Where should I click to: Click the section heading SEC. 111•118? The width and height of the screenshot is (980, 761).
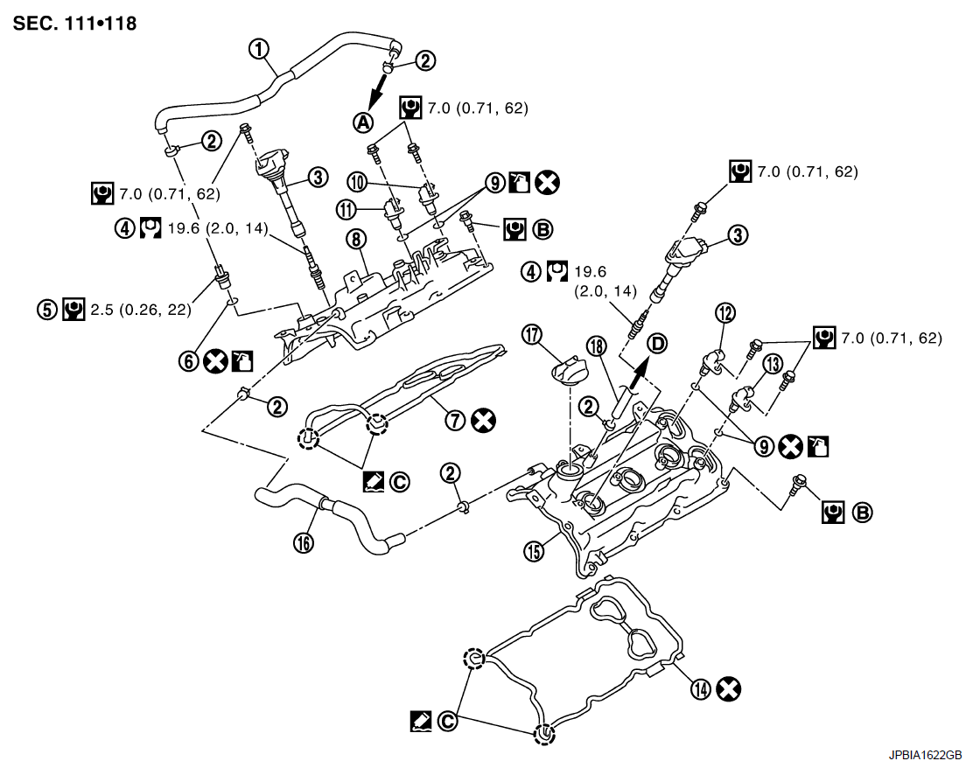(75, 24)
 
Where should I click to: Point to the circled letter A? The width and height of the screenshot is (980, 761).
(362, 122)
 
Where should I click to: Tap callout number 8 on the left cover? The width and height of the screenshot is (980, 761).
(354, 239)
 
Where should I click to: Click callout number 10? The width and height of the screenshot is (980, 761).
(356, 181)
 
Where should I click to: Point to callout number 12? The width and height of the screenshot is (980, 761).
(725, 313)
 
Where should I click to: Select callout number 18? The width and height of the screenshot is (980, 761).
(598, 348)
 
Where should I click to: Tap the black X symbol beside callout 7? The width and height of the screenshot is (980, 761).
(481, 421)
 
